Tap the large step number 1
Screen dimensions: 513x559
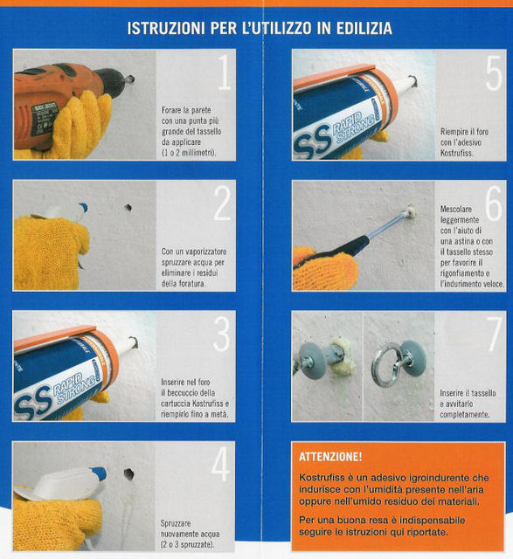pos(225,72)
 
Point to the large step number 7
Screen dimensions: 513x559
pos(495,334)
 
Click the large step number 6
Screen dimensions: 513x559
pos(494,204)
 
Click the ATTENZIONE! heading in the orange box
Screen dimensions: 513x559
pos(330,457)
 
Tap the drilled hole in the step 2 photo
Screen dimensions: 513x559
pos(128,208)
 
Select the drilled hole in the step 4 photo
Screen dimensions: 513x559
pos(128,473)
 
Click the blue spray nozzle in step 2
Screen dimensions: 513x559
pos(83,208)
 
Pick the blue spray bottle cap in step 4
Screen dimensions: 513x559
pos(99,473)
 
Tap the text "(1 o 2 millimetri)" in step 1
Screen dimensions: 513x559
pos(189,153)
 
